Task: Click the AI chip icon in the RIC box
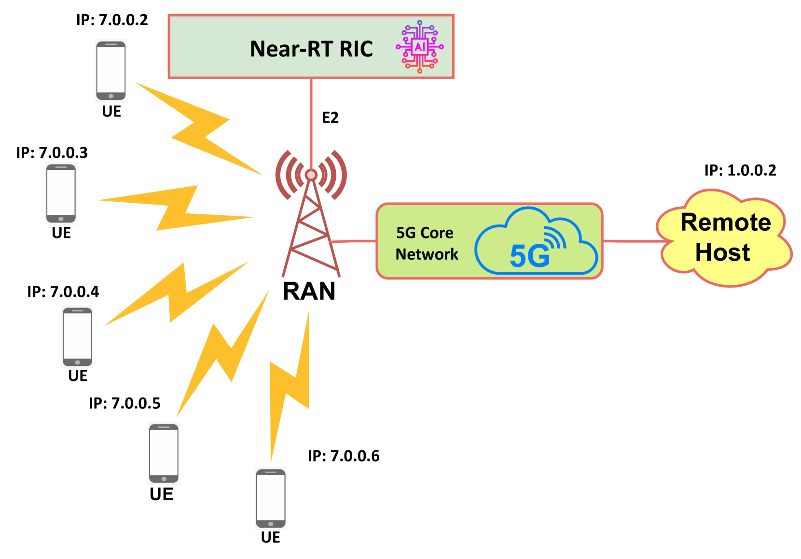[x=420, y=47]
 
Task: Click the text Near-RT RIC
[x=311, y=49]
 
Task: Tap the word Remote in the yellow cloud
[x=725, y=223]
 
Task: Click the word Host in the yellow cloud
[x=722, y=252]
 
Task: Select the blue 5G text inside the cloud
[x=529, y=256]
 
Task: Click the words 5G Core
[x=425, y=233]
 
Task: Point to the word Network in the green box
[x=427, y=254]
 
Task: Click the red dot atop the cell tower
[x=311, y=175]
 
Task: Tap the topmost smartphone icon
[x=111, y=70]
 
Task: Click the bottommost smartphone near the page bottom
[x=271, y=498]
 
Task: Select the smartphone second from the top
[x=61, y=193]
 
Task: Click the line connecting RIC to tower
[x=311, y=121]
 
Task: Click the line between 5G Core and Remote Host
[x=632, y=240]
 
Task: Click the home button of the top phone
[x=111, y=96]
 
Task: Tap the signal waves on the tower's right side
[x=335, y=175]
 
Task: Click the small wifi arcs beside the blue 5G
[x=555, y=238]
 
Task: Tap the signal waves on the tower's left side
[x=287, y=175]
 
